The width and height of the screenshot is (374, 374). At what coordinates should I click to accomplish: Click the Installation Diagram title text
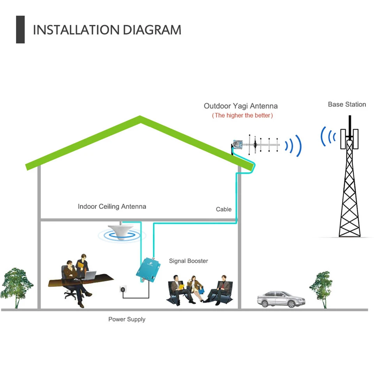(107, 30)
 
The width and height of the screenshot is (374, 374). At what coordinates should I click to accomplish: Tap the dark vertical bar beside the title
(20, 30)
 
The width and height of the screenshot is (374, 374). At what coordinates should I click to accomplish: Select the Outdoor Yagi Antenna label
(241, 106)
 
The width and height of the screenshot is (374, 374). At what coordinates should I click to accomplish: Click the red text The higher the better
(242, 115)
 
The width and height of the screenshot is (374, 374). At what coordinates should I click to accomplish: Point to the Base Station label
(347, 104)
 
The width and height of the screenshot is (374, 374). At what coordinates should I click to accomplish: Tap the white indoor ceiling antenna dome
(121, 231)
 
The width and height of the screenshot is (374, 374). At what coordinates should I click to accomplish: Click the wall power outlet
(123, 289)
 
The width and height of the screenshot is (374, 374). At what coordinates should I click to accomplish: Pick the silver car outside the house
(281, 299)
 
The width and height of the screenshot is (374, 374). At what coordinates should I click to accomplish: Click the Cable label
(224, 210)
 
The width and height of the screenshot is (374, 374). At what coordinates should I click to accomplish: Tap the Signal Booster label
(189, 261)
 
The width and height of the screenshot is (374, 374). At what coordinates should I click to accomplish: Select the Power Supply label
(127, 319)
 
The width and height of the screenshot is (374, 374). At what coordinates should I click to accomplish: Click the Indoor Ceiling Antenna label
(112, 206)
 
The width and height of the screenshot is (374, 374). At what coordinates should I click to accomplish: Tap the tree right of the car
(321, 289)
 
